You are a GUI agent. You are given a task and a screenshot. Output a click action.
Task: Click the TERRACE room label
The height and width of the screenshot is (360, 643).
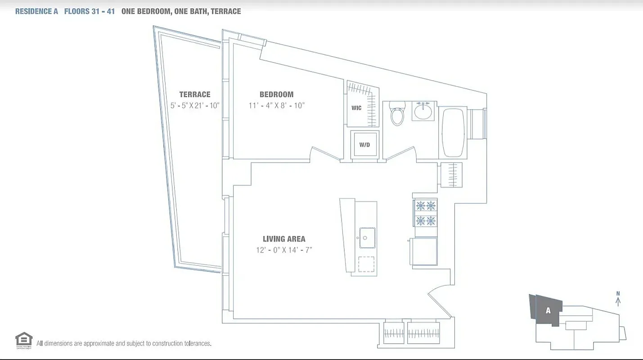(x=194, y=94)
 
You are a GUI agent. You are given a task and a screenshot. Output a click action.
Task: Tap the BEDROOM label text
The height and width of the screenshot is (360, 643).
(x=276, y=94)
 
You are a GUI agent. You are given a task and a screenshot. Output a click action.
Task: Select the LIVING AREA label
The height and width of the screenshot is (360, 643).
(x=284, y=239)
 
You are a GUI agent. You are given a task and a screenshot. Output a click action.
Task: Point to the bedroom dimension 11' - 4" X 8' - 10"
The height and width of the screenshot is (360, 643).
(x=276, y=106)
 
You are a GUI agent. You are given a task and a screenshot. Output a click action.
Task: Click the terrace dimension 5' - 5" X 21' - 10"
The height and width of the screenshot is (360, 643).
(x=194, y=106)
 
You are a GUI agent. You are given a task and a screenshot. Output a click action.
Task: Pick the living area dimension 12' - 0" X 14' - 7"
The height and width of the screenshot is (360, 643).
(x=284, y=250)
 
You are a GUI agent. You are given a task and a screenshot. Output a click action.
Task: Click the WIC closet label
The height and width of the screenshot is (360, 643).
(x=356, y=108)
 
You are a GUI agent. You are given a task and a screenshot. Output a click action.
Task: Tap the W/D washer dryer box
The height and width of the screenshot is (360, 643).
(x=364, y=144)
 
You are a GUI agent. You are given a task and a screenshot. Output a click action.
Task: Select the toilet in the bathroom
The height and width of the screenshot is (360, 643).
(x=397, y=114)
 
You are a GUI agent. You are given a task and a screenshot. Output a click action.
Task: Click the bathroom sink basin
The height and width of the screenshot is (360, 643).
(x=423, y=111)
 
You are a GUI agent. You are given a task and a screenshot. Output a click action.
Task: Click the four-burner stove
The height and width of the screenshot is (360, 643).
(x=426, y=213)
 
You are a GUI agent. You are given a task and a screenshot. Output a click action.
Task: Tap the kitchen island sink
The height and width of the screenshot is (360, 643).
(x=367, y=238)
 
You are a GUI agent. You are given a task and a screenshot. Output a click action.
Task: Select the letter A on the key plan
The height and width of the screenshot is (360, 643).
(x=548, y=310)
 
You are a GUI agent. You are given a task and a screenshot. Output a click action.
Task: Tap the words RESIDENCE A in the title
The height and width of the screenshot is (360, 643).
(x=36, y=11)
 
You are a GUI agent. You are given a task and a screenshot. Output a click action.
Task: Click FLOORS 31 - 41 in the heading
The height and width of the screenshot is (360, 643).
(x=89, y=11)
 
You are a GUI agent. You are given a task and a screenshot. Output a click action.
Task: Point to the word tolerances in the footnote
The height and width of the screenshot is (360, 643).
(x=196, y=343)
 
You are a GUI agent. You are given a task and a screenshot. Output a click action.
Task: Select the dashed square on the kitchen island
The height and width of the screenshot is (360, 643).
(x=366, y=264)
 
